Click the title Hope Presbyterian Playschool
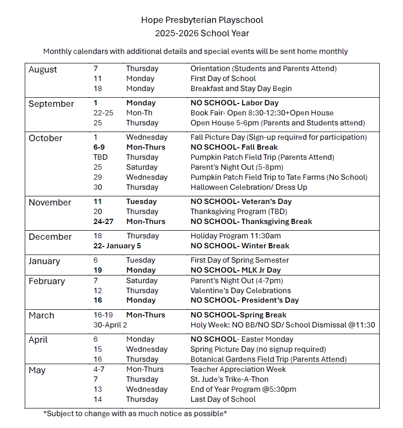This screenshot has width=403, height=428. pos(202,20)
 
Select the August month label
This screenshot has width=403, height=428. pos(43,70)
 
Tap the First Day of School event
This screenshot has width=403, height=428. pos(223,79)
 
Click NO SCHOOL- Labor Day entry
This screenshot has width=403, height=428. pos(235,103)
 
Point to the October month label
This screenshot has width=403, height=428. pos(46,138)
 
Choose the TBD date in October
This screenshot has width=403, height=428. pos(100,157)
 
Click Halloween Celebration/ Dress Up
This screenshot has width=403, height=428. pos(249,187)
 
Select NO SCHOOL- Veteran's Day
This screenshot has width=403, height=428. pos(241,202)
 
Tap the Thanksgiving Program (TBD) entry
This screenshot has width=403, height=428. pos(239,212)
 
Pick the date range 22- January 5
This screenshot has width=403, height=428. pos(118,246)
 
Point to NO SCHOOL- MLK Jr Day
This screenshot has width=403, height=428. pos(236,270)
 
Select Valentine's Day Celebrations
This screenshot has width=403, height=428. pos(241,291)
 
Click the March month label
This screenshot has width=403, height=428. pos(41,316)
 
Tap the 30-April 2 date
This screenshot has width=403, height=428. pos(110,325)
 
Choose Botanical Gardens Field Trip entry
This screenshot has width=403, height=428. pos(268,359)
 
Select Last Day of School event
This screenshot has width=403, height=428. pos(223,399)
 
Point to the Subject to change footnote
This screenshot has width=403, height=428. pos(135,414)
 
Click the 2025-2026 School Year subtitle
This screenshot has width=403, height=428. pos(202,33)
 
